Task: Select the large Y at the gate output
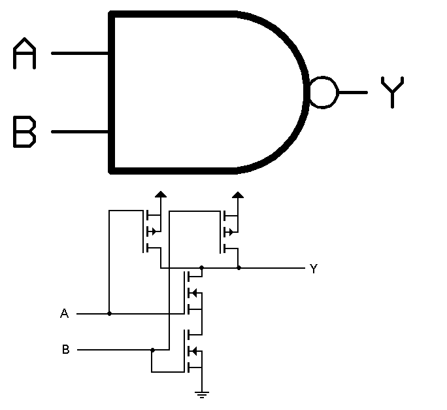point(392,92)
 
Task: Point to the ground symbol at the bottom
point(202,394)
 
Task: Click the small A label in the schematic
point(64,315)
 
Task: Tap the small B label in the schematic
point(65,350)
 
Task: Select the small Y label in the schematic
point(313,269)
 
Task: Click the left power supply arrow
point(159,194)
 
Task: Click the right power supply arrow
point(239,194)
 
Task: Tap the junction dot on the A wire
point(109,314)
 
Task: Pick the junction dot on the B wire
point(152,350)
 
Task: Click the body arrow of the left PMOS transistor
point(153,231)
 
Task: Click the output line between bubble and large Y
point(353,92)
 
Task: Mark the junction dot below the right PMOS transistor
point(239,268)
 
